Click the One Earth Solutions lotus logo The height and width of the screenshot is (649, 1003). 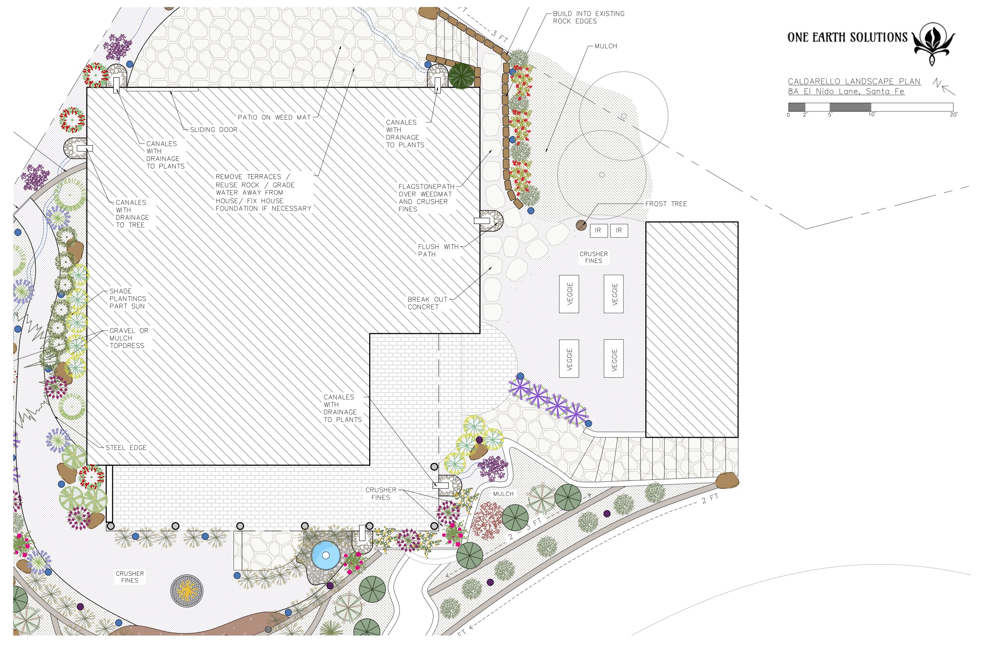click(x=933, y=44)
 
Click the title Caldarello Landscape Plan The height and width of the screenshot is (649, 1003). click(x=854, y=82)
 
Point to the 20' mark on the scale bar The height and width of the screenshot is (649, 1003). click(x=954, y=115)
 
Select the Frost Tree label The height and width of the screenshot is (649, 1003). click(x=666, y=204)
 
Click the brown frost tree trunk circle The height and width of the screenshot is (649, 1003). click(x=581, y=225)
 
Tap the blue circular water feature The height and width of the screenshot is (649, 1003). click(x=326, y=556)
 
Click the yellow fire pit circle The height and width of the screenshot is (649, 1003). click(x=187, y=591)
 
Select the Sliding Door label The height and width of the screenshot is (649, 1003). click(x=213, y=130)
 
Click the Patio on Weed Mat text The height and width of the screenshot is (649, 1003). click(x=274, y=118)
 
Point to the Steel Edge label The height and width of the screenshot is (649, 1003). click(x=126, y=447)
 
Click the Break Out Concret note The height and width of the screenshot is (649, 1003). click(x=427, y=304)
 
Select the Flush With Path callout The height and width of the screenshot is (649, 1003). click(x=438, y=250)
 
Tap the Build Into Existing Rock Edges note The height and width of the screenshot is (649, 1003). click(x=589, y=17)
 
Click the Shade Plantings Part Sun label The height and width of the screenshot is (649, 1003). click(x=128, y=299)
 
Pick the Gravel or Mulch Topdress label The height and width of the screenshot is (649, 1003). click(x=129, y=338)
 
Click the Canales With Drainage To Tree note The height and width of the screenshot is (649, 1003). click(x=132, y=213)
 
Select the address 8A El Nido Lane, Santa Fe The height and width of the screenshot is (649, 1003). click(x=846, y=91)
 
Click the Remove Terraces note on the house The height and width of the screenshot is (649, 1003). click(x=263, y=193)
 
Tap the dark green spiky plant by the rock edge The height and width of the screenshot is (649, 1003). click(x=461, y=76)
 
